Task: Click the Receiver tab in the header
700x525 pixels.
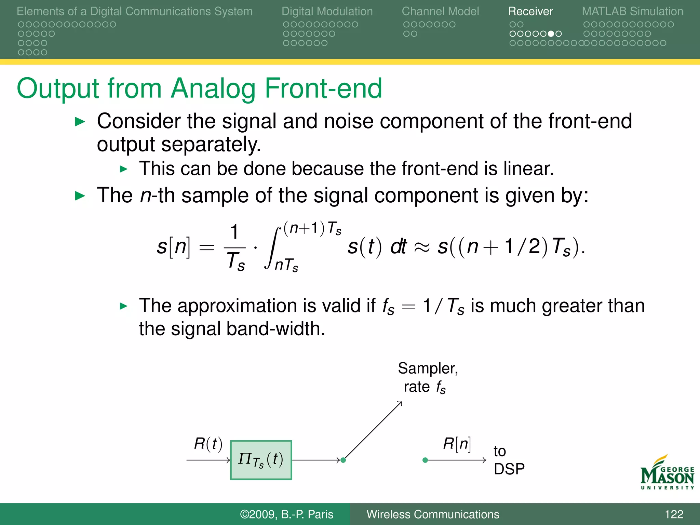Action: [530, 11]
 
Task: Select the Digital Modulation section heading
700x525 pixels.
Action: [327, 11]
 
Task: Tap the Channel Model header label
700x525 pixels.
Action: [440, 11]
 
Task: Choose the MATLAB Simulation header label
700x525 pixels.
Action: [632, 11]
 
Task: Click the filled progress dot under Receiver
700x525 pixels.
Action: [551, 34]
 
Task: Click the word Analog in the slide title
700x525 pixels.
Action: [213, 88]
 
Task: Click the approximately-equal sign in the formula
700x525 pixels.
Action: [422, 247]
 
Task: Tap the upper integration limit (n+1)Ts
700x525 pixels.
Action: [312, 228]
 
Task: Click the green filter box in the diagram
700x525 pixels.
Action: [261, 460]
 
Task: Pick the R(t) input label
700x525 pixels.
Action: [208, 444]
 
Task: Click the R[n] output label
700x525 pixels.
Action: [457, 444]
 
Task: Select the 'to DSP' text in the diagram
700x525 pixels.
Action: [509, 460]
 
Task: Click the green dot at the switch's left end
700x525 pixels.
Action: [344, 460]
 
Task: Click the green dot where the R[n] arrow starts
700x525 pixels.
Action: [425, 460]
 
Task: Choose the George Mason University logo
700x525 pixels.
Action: [667, 472]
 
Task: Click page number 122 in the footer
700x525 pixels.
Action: [674, 514]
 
